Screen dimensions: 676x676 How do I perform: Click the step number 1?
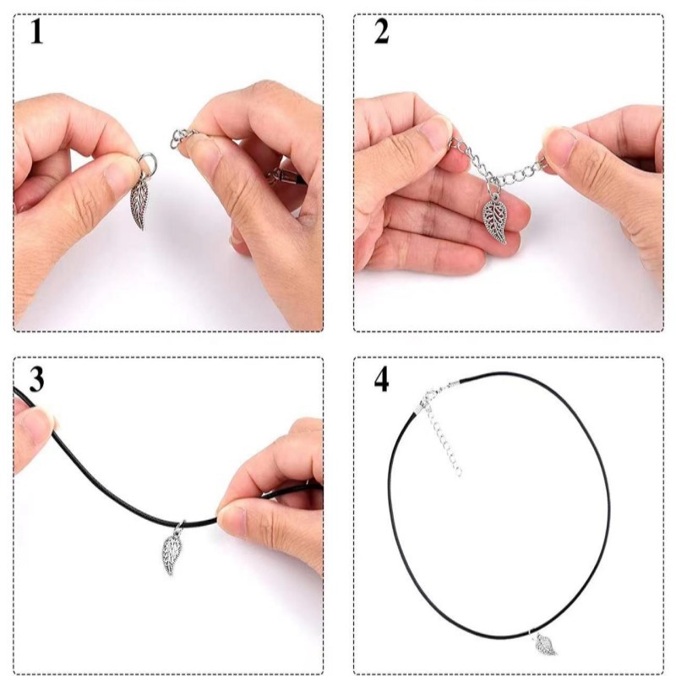click(x=36, y=32)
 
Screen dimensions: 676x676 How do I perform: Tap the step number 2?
click(x=381, y=32)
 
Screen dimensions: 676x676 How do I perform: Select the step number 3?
click(x=36, y=379)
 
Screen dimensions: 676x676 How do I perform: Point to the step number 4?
click(x=381, y=379)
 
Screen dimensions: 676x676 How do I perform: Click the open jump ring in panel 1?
click(x=147, y=163)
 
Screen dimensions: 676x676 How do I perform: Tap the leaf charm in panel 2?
click(x=495, y=220)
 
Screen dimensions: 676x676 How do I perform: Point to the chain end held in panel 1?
click(x=182, y=137)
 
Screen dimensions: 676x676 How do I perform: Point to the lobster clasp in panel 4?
click(x=429, y=396)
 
